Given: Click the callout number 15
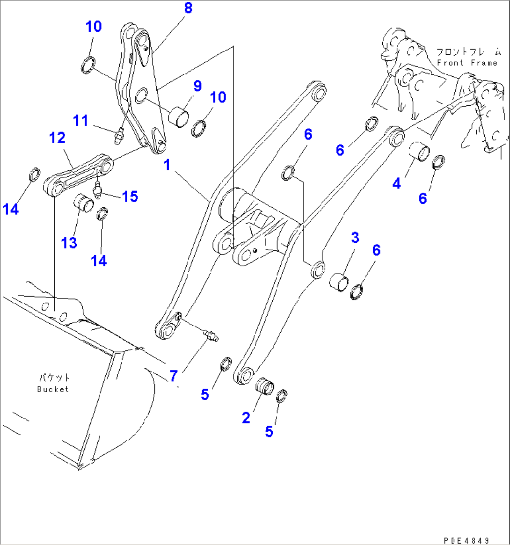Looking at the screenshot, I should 130,196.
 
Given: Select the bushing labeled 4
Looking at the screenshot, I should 420,152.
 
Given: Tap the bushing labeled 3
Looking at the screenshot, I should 340,283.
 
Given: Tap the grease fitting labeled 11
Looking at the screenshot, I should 119,137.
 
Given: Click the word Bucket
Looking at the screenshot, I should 53,389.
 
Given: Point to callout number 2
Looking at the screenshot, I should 246,417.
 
